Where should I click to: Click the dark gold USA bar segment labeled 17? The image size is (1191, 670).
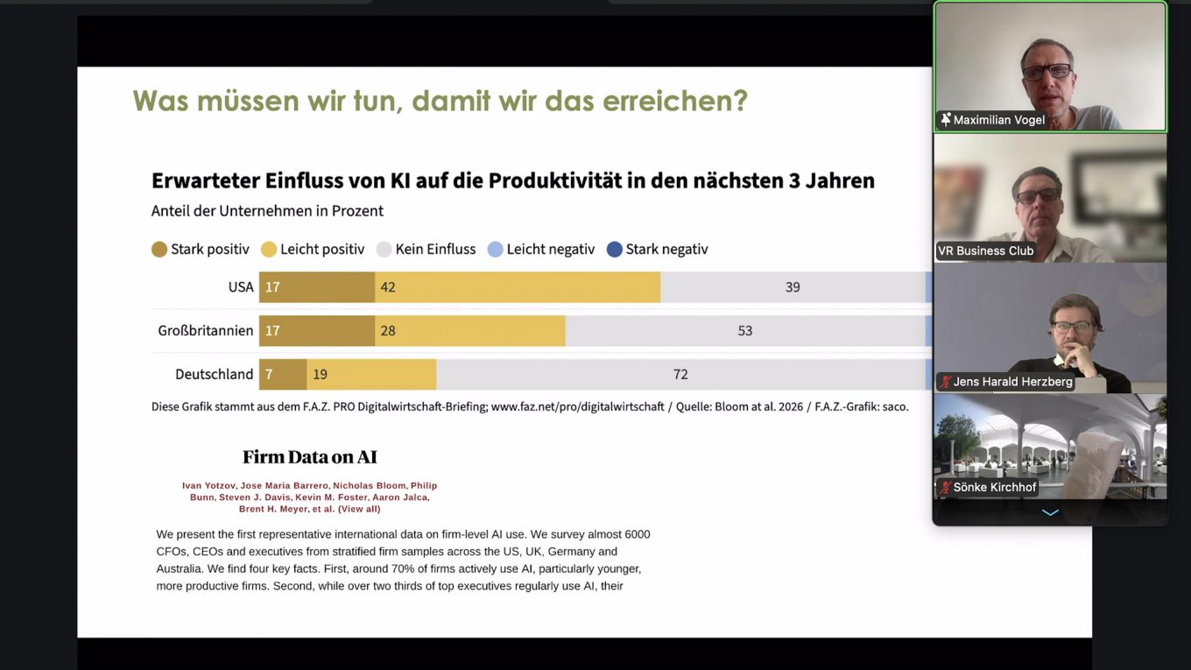point(317,287)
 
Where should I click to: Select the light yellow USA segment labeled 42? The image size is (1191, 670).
point(518,287)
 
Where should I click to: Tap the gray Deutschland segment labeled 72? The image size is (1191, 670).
point(680,374)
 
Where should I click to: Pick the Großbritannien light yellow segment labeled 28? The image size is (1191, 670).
point(470,330)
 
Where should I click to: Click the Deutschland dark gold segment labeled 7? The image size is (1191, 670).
point(283,374)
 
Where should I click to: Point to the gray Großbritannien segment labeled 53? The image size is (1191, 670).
point(744,330)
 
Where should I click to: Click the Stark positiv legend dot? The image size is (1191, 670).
point(159,250)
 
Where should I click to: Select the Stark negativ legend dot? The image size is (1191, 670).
point(615,250)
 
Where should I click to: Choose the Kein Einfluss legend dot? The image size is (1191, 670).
point(384,250)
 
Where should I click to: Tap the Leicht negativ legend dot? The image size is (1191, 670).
point(496,250)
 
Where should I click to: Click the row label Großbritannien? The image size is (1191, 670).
point(206,330)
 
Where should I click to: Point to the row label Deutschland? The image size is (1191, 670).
point(215,374)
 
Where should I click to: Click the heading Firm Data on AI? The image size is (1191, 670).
point(310,457)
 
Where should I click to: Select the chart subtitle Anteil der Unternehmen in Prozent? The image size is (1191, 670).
point(267,211)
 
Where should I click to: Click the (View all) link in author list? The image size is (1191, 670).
point(359,509)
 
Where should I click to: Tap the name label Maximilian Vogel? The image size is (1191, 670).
point(999,120)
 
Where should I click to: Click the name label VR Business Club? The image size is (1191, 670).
point(986,250)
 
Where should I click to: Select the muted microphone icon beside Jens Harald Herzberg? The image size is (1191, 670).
point(946,382)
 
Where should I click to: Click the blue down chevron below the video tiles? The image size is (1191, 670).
point(1050,512)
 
